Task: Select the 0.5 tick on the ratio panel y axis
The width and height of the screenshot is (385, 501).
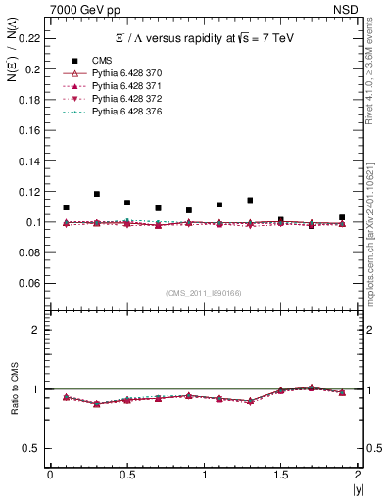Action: click(x=33, y=448)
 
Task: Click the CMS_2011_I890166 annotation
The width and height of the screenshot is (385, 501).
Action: click(x=203, y=293)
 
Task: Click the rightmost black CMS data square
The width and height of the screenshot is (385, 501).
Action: click(x=342, y=217)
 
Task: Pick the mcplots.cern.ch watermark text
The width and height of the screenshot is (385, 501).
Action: click(x=373, y=215)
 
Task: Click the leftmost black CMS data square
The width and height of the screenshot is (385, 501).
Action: click(x=66, y=207)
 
